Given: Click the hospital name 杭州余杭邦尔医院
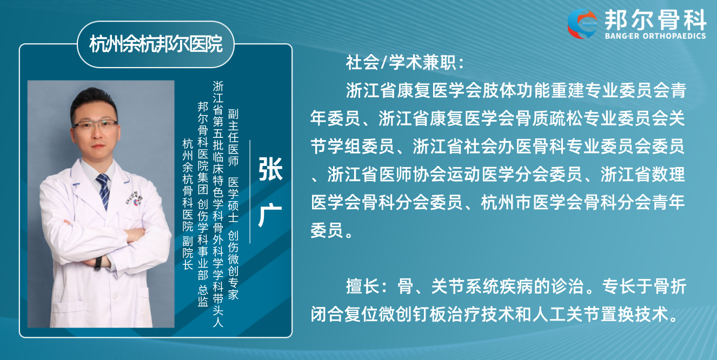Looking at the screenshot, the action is (x=156, y=44).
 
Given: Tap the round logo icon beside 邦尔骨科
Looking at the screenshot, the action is (x=582, y=24).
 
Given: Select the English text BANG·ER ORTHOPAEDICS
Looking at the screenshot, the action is (x=655, y=36).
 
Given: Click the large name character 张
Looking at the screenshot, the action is (x=270, y=169).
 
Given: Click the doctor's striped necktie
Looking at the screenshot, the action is (x=104, y=191).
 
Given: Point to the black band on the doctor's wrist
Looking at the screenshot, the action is (x=98, y=263).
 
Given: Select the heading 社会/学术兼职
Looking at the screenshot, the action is (x=405, y=62).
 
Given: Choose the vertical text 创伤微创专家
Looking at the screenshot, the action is (x=233, y=265).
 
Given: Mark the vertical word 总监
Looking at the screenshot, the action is (x=203, y=296).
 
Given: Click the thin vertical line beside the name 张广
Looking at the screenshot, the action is (x=250, y=192).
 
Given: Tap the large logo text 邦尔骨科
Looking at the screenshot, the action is (x=655, y=19).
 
